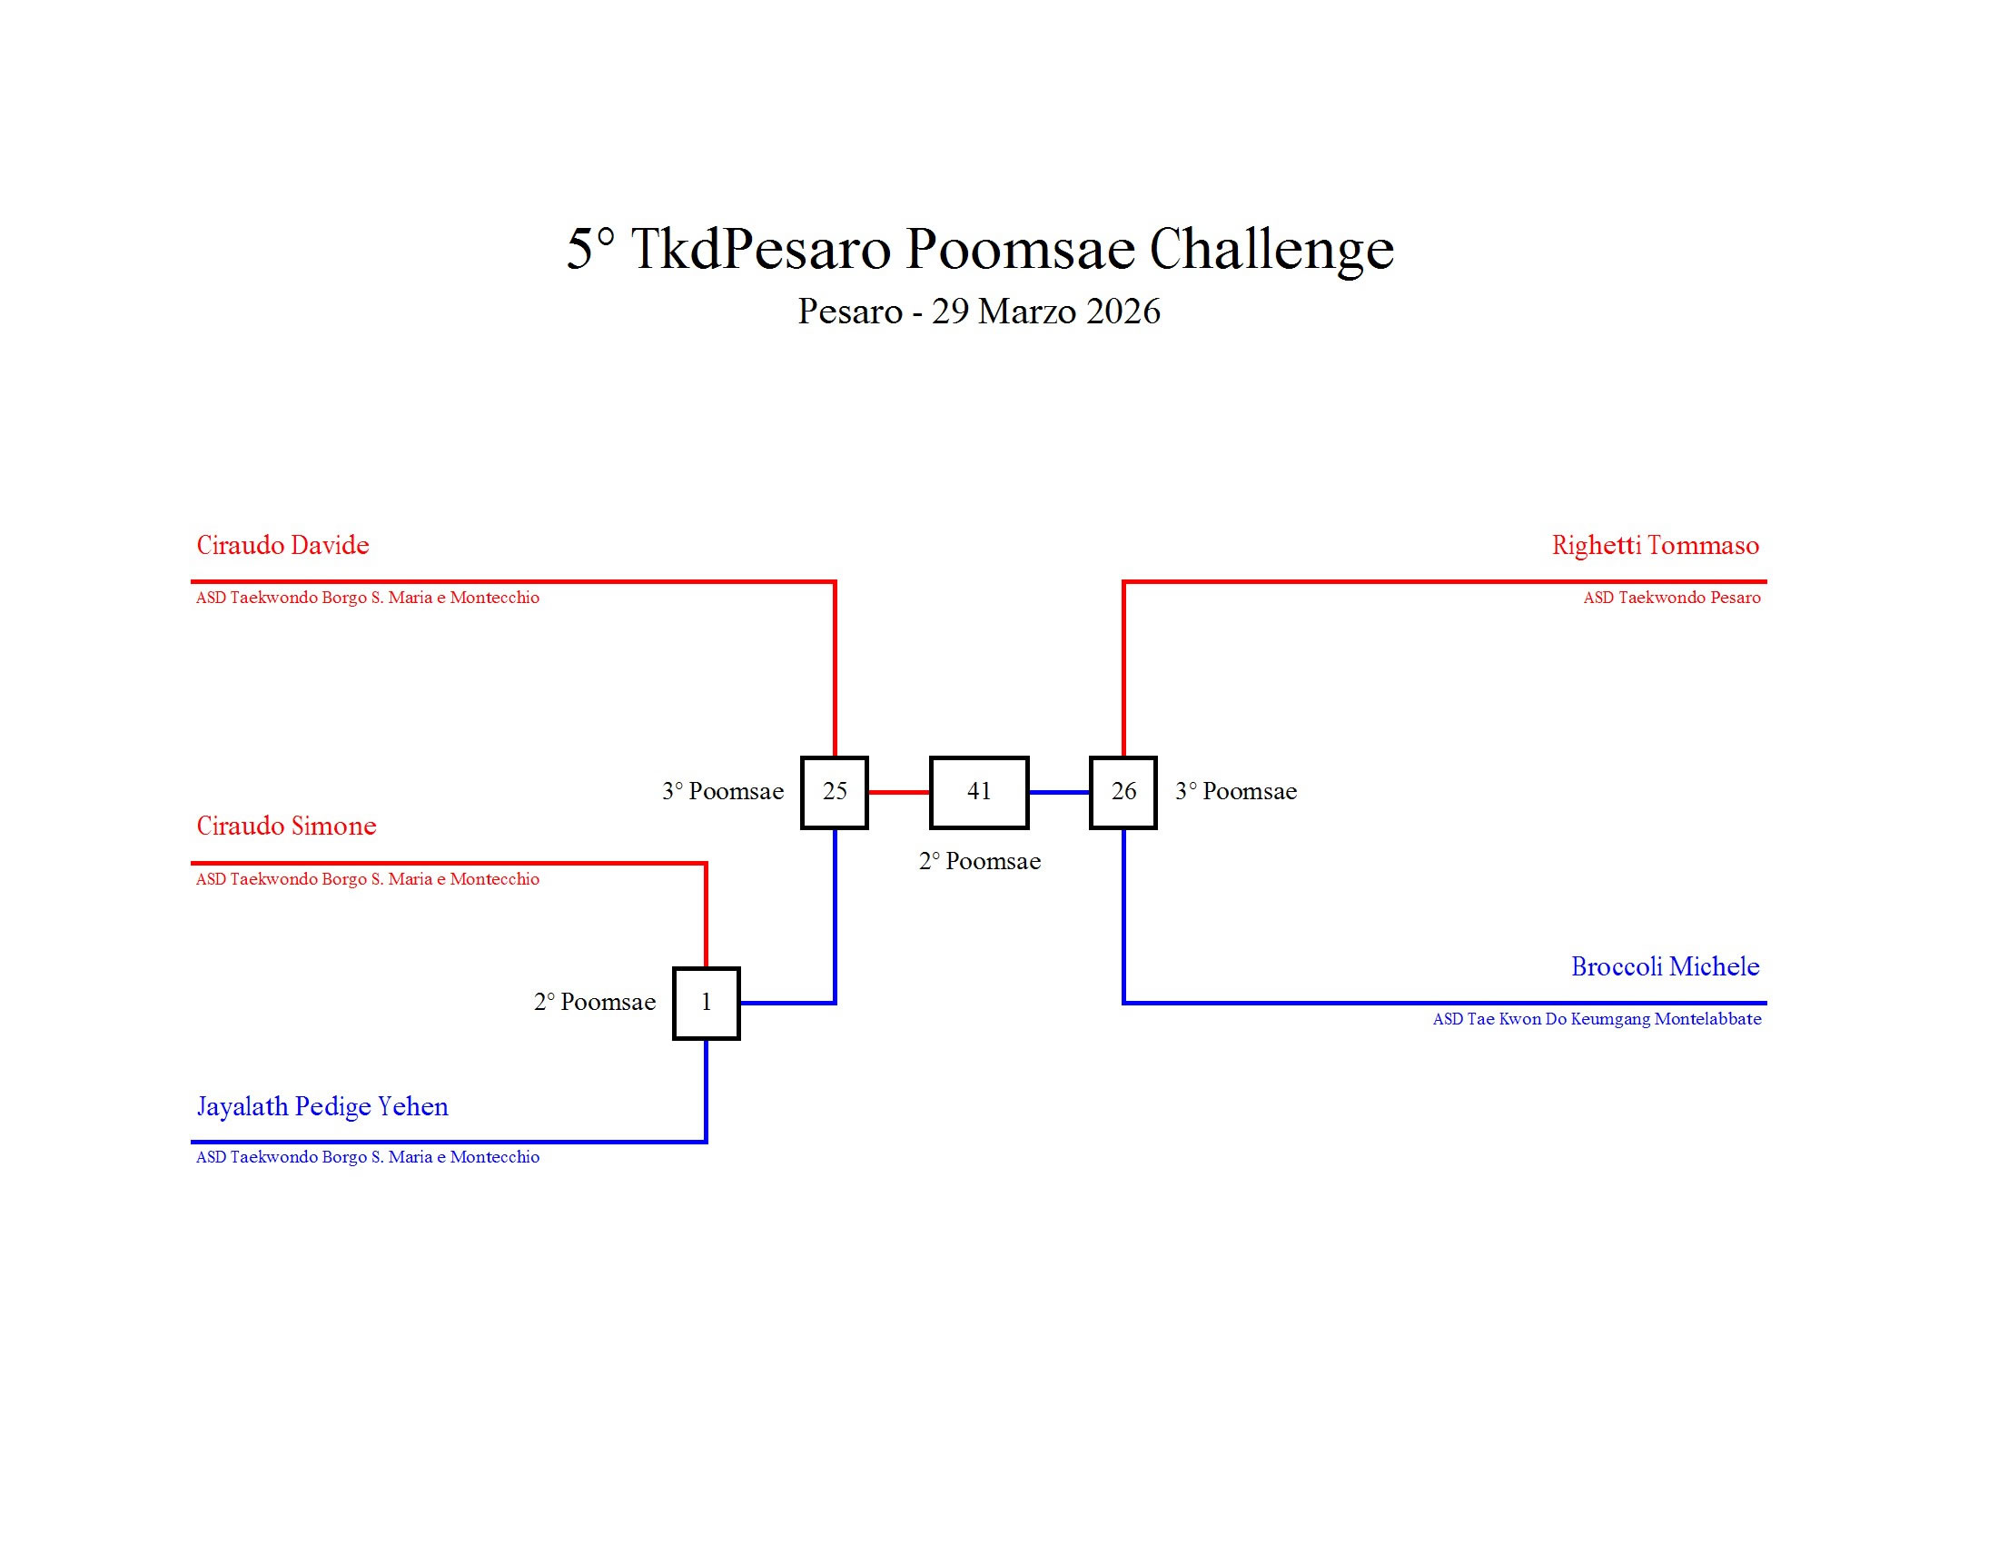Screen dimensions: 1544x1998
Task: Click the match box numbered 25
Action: [x=834, y=792]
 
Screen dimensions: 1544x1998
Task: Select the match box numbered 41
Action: [x=978, y=792]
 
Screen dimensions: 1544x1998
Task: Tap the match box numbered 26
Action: [x=1123, y=792]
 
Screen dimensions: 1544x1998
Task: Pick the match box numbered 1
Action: [x=706, y=1003]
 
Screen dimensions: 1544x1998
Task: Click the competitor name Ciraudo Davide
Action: [x=282, y=545]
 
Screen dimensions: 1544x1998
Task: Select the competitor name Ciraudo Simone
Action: [x=286, y=826]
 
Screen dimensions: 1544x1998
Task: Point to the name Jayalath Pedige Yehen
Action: [x=322, y=1107]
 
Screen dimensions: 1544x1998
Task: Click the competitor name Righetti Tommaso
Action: [x=1654, y=545]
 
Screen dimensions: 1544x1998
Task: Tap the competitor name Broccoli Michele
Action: [x=1664, y=967]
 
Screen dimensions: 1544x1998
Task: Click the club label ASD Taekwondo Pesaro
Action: [x=1670, y=599]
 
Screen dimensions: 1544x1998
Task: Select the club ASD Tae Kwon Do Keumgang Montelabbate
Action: [x=1596, y=1019]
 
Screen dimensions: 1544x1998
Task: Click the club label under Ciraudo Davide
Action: [x=367, y=599]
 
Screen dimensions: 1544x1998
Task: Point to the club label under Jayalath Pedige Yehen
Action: [x=367, y=1158]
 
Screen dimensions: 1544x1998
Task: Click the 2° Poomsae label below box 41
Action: [x=979, y=862]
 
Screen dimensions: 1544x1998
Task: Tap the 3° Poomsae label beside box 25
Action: [x=722, y=792]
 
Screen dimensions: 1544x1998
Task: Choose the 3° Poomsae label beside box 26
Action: [x=1235, y=792]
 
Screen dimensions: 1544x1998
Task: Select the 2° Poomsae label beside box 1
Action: [x=594, y=1003]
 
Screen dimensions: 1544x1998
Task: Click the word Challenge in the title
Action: [x=1271, y=249]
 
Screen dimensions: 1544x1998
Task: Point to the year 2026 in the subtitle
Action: [x=1123, y=312]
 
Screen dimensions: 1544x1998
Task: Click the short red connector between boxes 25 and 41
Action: [x=898, y=792]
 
